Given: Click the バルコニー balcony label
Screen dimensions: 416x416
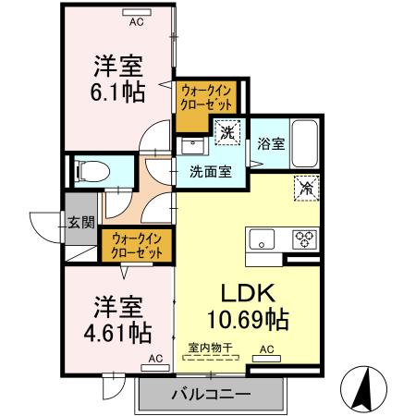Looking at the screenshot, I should point(210,395).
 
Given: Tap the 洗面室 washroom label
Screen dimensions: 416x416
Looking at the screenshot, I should point(210,170).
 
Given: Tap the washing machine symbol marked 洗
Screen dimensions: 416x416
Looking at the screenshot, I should point(226,131).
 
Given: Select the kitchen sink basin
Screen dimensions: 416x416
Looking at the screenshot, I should point(262,239).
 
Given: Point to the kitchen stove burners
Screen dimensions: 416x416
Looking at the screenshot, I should point(304,238).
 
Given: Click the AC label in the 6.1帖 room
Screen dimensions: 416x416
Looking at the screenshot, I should point(136,19).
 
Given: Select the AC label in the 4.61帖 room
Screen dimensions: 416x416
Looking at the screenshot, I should point(154,357).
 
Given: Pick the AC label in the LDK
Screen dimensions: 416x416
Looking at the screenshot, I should point(266,349).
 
